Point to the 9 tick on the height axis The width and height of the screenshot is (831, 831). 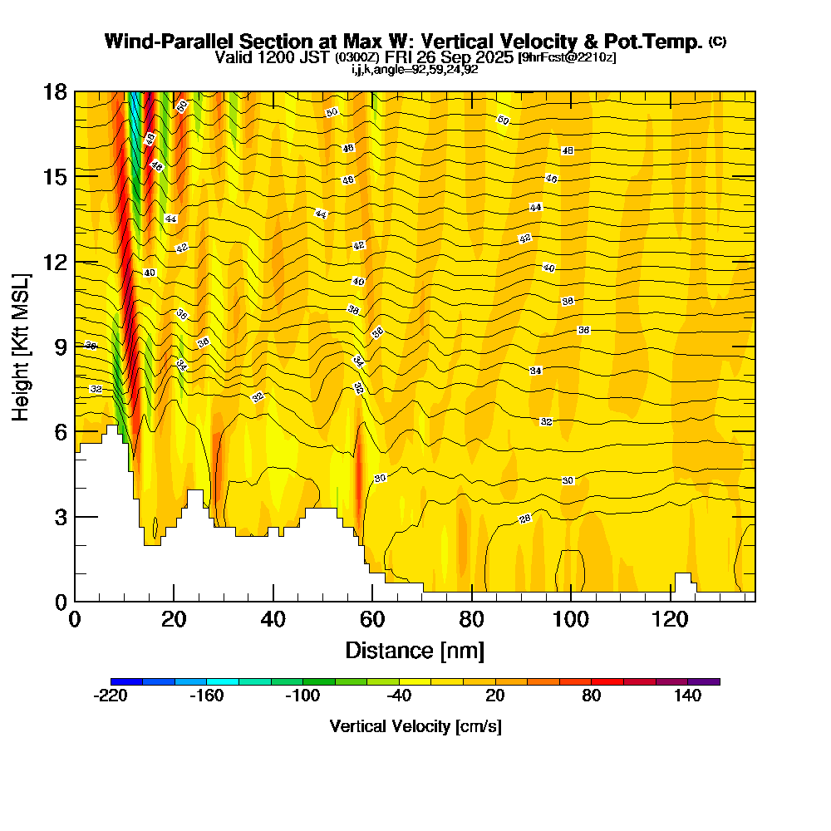click(75, 347)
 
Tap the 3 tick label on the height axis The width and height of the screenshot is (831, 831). click(60, 517)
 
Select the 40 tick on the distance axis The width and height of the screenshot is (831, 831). click(273, 601)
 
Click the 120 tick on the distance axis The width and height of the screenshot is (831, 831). click(671, 601)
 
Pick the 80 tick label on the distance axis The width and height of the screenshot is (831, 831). click(472, 620)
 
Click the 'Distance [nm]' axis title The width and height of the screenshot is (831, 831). click(415, 650)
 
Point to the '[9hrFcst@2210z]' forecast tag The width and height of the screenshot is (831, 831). click(566, 57)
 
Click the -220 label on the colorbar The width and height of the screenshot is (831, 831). click(111, 696)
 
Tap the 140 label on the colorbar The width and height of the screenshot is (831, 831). click(687, 696)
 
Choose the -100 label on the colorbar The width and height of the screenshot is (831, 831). click(302, 696)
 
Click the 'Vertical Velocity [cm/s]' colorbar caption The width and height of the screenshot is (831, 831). click(415, 726)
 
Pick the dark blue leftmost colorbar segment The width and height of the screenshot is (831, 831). click(126, 681)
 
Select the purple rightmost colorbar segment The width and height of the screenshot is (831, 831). click(704, 681)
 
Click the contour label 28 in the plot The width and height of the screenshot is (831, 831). click(525, 519)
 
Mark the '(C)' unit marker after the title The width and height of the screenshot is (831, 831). click(718, 42)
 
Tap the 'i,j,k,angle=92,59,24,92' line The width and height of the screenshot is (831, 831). click(415, 70)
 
